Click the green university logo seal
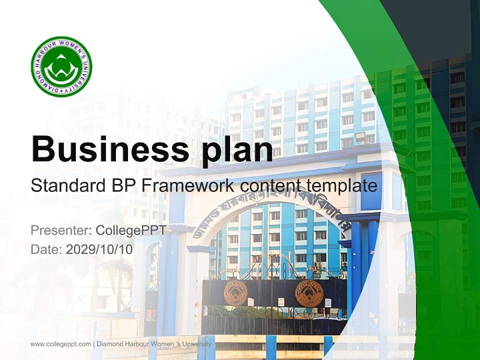pos(61,66)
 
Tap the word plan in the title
pos(234,148)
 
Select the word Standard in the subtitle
pos(66,186)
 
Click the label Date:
pos(46,249)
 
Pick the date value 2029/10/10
pos(99,249)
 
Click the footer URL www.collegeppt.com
pos(60,344)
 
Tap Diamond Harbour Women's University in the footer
pos(154,344)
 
